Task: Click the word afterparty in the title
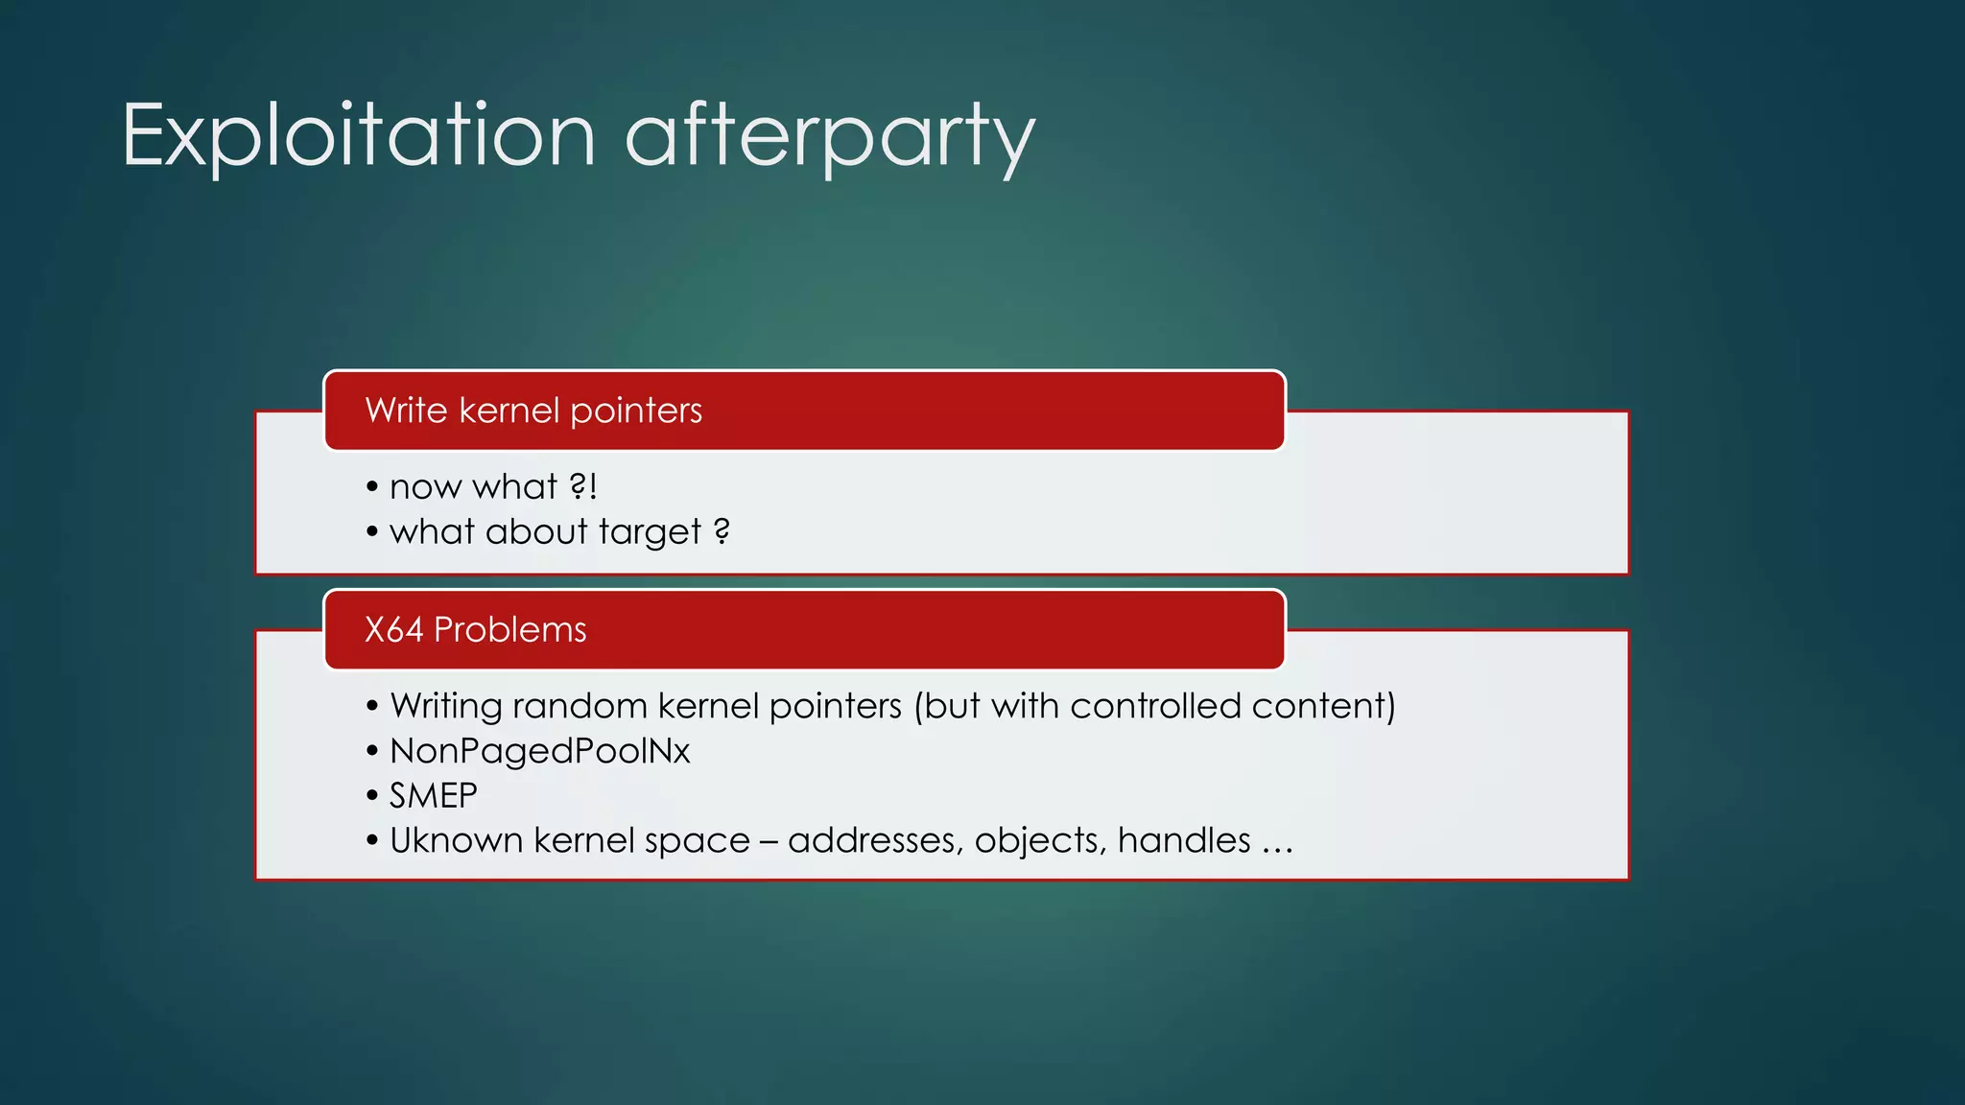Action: [x=830, y=137]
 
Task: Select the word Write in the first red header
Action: [x=406, y=411]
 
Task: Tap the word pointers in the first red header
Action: [x=635, y=411]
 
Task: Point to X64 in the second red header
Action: [x=393, y=629]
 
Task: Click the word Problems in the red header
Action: [x=509, y=629]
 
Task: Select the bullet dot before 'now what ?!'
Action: [x=372, y=486]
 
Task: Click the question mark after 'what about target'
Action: [x=722, y=530]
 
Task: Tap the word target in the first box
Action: [x=650, y=532]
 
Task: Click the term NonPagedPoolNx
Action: [x=539, y=751]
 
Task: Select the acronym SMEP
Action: [x=433, y=795]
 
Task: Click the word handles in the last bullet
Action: [x=1184, y=840]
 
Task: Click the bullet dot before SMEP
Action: [x=372, y=795]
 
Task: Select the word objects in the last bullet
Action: [x=1040, y=841]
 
